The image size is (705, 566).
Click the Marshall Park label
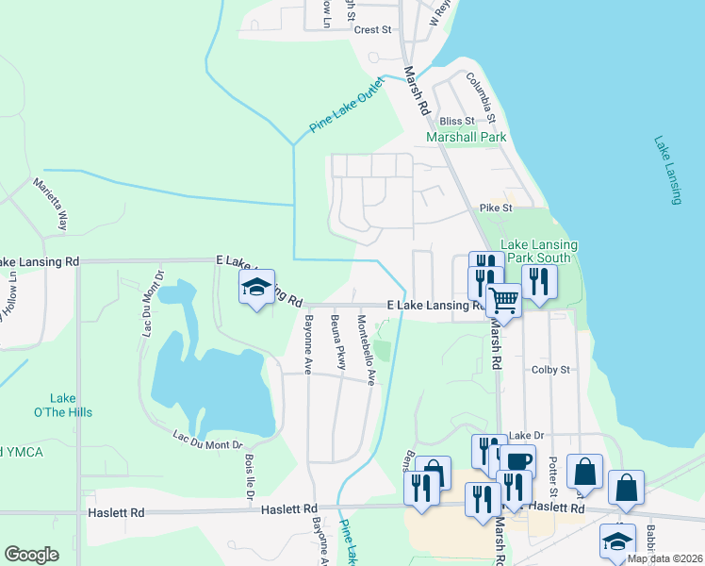tap(467, 137)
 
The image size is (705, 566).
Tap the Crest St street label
tap(372, 30)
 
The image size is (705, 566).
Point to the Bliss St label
tap(454, 121)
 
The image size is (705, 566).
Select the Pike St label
tap(495, 208)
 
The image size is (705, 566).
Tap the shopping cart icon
tap(504, 301)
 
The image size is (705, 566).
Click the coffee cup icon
tap(516, 461)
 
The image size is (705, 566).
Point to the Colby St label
tap(551, 371)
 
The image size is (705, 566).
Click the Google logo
tap(31, 555)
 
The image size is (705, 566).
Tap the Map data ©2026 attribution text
tap(664, 558)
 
